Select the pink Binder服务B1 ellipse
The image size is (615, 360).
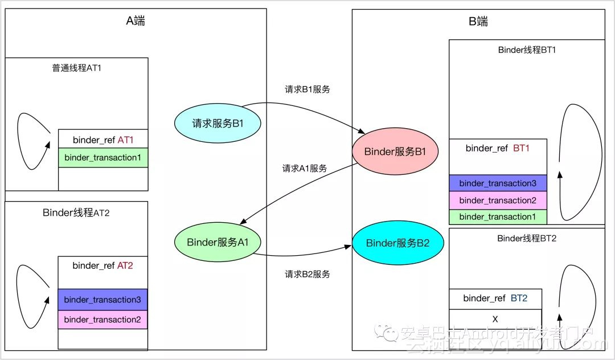click(395, 152)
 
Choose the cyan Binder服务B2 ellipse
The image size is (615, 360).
click(397, 243)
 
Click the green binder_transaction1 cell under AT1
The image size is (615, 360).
click(103, 157)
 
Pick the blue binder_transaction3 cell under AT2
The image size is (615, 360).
click(102, 300)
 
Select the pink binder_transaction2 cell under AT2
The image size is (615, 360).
click(102, 320)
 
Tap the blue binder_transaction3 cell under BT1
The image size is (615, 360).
click(498, 183)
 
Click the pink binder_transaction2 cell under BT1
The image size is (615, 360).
click(498, 200)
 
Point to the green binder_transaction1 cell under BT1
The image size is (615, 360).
click(498, 216)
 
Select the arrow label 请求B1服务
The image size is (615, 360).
click(307, 89)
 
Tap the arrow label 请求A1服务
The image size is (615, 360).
click(305, 169)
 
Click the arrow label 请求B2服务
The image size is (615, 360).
click(307, 275)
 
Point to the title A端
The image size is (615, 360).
click(136, 21)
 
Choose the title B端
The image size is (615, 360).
click(478, 22)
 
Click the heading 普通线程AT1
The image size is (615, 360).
click(77, 68)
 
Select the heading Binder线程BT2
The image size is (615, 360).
click(527, 238)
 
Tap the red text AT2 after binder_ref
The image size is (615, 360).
click(125, 265)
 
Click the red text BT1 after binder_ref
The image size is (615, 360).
click(521, 148)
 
